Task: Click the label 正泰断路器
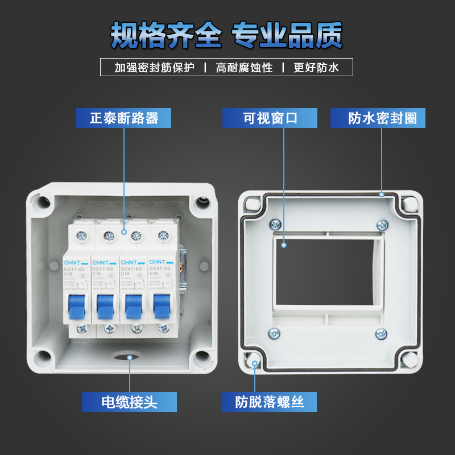pos(124,118)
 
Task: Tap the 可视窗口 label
pos(270,118)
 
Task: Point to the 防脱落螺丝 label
pos(270,402)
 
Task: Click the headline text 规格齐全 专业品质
pos(227,35)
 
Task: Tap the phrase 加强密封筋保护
pos(154,68)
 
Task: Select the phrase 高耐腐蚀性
pos(244,68)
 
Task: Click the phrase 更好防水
pos(316,68)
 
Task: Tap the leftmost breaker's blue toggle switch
pos(76,307)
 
